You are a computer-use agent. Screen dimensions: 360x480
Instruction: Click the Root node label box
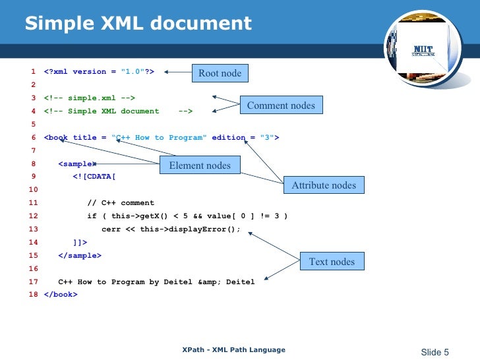220,73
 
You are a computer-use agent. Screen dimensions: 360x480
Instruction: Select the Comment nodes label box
281,105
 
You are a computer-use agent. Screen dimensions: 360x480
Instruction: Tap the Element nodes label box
200,165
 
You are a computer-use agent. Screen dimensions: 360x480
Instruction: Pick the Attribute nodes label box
324,185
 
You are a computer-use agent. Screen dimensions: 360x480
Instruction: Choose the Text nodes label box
332,261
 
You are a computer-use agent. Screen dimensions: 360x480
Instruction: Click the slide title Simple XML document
138,24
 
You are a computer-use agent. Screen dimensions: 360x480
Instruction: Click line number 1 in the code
32,72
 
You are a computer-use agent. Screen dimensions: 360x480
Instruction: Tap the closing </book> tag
61,295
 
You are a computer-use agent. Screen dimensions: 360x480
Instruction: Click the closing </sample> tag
80,255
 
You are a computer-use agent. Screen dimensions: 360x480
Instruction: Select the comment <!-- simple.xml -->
90,98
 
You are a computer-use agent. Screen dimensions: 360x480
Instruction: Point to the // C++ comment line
121,203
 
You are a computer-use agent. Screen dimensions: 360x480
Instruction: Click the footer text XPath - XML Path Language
234,350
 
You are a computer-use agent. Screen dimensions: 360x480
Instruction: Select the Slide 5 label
435,351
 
